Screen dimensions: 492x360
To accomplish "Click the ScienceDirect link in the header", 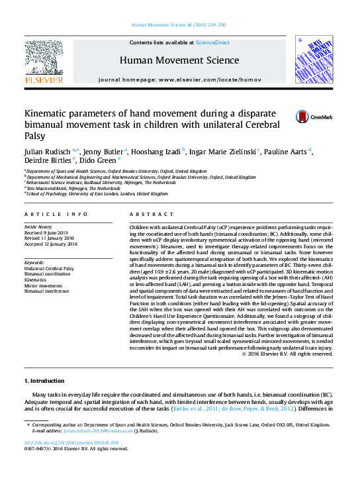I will coord(213,42).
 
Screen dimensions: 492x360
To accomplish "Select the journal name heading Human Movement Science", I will coord(179,60).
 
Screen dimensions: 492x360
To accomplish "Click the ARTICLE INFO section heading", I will coord(56,215).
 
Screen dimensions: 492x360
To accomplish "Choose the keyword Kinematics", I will coord(36,280).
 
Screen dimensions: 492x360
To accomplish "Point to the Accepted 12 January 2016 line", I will coord(51,244).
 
